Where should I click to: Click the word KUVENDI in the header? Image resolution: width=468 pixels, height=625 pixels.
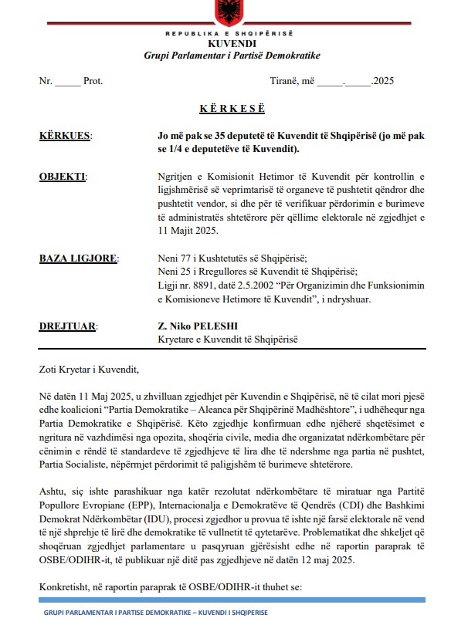[232, 46]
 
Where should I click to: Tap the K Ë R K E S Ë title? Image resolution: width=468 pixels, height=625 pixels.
[232, 109]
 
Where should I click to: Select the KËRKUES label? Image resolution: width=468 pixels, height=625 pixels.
[64, 136]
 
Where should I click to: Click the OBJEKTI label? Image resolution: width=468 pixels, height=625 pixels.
[62, 177]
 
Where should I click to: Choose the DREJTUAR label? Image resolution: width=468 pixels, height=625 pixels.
[67, 326]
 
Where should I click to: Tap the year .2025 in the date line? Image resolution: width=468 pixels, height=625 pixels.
[383, 80]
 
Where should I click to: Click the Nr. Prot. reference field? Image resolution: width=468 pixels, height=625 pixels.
[70, 80]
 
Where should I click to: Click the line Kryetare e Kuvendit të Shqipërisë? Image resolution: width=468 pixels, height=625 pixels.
[226, 340]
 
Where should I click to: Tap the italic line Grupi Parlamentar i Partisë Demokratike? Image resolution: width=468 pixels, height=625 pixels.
[232, 57]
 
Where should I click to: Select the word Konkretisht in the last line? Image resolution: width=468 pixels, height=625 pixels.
[63, 588]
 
